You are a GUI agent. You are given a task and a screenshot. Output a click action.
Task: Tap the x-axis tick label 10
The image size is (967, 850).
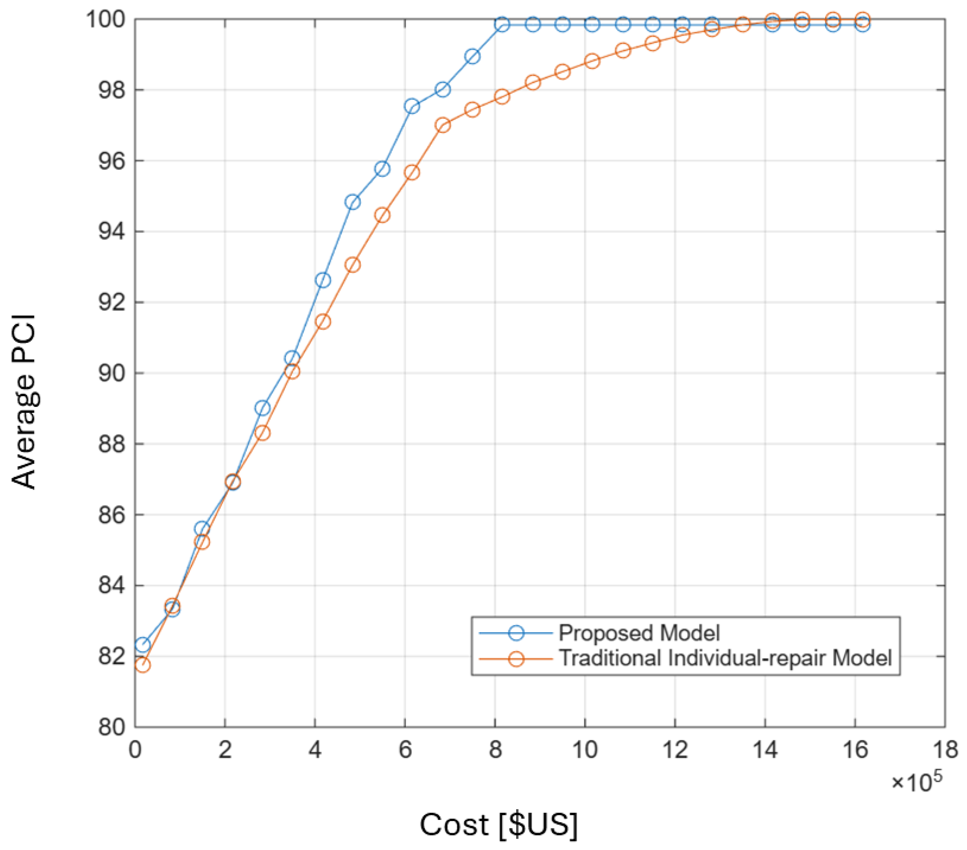click(585, 750)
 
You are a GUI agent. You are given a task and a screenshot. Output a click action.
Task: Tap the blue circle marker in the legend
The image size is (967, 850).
click(516, 633)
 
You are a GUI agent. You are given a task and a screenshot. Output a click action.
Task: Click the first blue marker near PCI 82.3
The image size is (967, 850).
click(142, 645)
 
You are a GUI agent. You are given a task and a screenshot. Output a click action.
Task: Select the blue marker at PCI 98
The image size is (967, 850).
click(443, 89)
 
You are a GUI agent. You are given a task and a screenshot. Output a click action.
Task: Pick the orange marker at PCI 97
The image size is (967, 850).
click(443, 125)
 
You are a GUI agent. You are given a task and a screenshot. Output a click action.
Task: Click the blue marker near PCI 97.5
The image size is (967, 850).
click(412, 106)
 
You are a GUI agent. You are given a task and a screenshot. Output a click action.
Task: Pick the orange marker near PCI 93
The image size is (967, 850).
click(352, 265)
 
